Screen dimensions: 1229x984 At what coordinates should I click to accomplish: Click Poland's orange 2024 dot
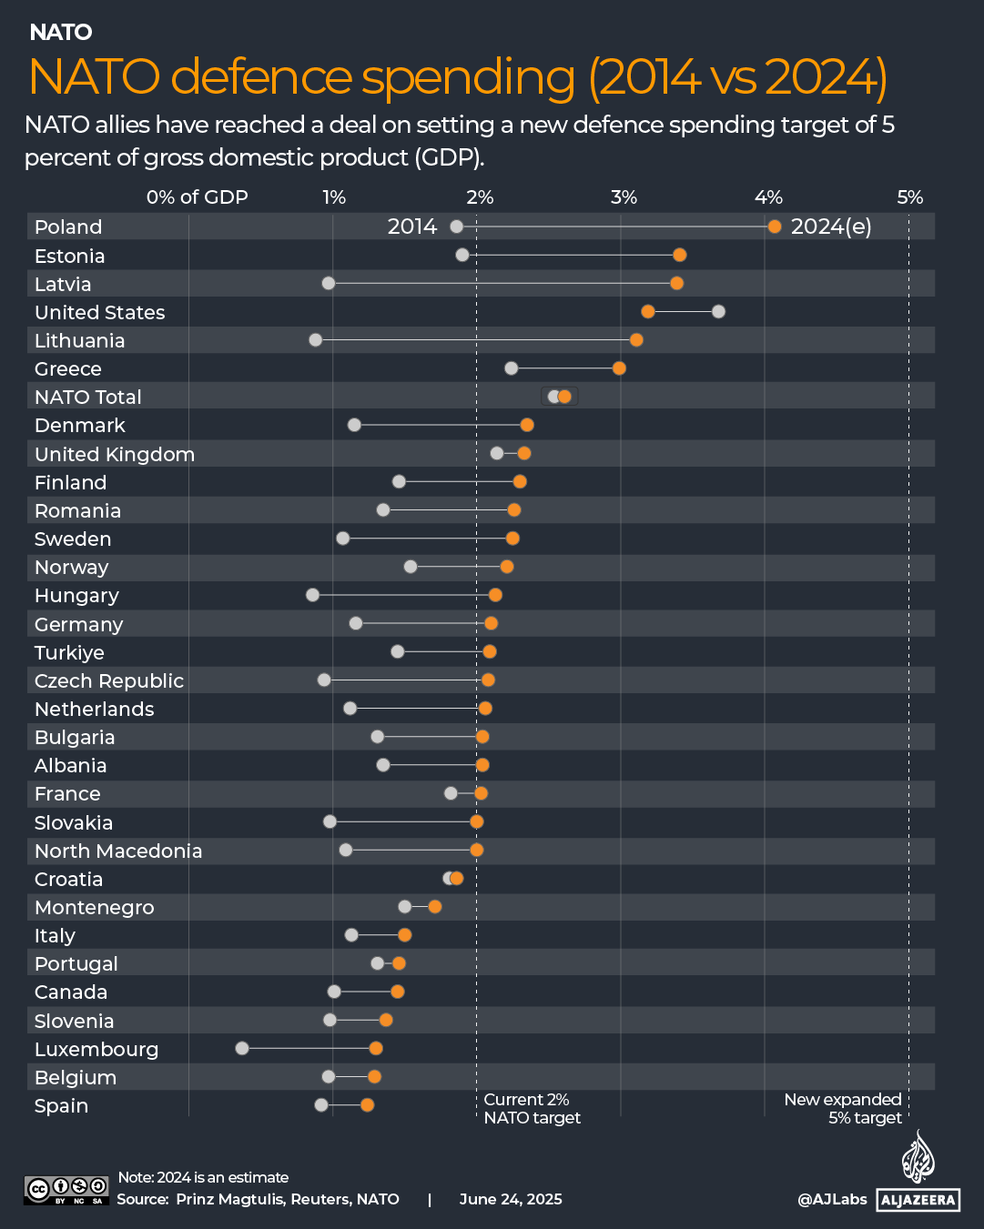point(774,227)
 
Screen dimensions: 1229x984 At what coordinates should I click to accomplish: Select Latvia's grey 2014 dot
point(329,283)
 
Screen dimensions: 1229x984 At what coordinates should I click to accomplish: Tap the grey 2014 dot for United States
point(718,312)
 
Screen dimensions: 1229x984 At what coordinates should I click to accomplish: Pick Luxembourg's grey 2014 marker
point(242,1048)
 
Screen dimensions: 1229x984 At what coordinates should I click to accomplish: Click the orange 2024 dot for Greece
point(619,368)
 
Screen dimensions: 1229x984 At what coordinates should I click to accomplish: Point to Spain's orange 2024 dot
point(367,1104)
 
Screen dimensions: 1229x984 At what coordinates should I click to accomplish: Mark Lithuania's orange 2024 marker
point(636,340)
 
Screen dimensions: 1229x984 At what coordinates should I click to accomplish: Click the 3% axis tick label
point(624,197)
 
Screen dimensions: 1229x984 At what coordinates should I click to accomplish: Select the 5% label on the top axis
point(909,197)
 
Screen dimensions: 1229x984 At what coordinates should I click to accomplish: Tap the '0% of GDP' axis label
point(197,197)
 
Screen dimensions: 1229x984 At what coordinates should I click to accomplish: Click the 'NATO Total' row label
point(88,398)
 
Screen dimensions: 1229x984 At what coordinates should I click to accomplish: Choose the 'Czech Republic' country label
point(109,681)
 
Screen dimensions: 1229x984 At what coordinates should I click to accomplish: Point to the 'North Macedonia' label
point(118,851)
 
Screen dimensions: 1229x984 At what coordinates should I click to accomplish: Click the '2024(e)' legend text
point(831,227)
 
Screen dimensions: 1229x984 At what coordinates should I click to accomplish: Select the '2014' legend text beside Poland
point(412,227)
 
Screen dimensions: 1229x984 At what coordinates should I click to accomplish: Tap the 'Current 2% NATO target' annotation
point(532,1109)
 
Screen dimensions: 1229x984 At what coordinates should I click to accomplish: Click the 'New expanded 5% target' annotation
point(843,1109)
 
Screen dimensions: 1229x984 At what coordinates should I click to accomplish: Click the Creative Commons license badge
point(66,1190)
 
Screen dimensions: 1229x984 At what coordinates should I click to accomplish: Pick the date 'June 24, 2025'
point(511,1199)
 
